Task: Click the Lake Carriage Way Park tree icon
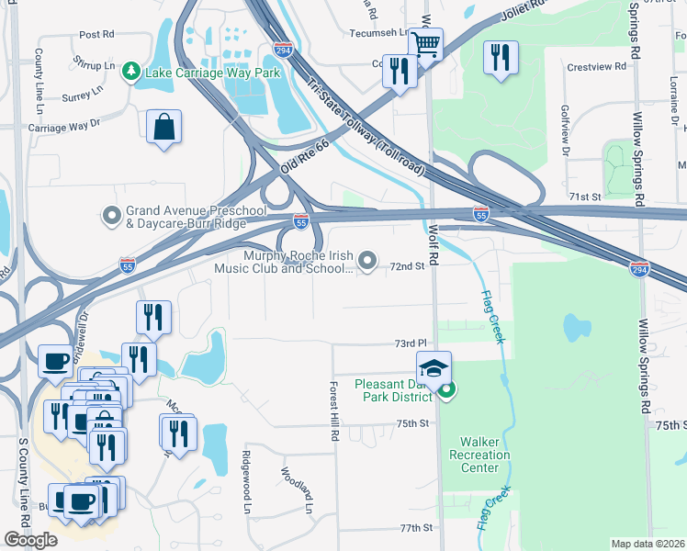(x=133, y=71)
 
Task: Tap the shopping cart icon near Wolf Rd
(x=426, y=43)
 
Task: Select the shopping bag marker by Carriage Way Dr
(x=163, y=128)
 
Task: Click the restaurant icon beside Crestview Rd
(x=501, y=58)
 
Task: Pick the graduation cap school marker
(x=434, y=369)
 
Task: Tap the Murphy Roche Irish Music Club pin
(x=367, y=262)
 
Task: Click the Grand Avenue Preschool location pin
(x=112, y=216)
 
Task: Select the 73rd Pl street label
(x=406, y=343)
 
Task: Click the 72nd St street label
(x=406, y=266)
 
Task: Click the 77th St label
(x=415, y=528)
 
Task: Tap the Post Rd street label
(x=96, y=34)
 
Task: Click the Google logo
(x=31, y=540)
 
